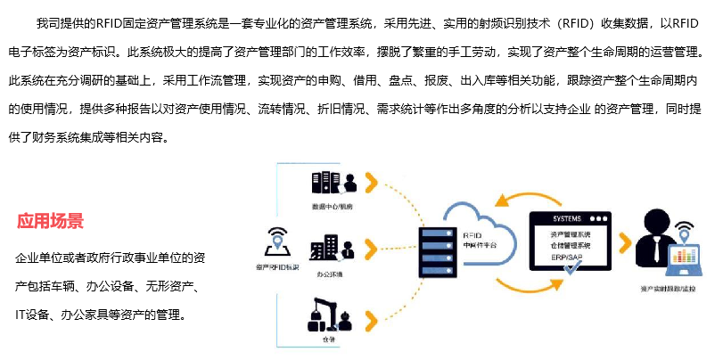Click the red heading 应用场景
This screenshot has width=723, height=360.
51,221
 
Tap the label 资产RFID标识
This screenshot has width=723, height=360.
276,266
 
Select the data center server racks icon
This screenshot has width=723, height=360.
326,183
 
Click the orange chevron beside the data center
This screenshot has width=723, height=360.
372,183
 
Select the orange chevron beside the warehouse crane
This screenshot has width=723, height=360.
372,318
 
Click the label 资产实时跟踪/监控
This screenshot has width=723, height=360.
668,289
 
